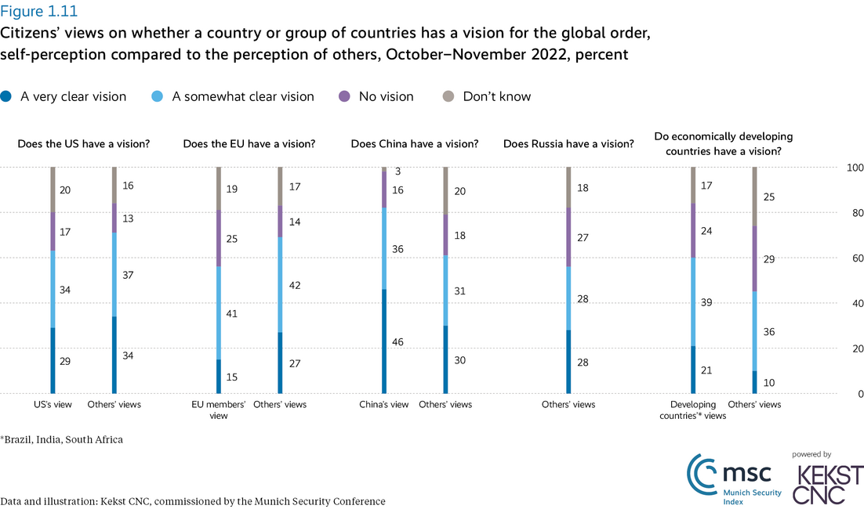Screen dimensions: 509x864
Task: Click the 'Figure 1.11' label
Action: coord(39,12)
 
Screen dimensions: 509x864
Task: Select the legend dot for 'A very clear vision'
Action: coord(6,97)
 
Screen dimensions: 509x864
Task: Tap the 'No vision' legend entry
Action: coord(386,97)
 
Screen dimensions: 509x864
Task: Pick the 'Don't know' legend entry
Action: coord(496,97)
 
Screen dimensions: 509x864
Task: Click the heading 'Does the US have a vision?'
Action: coord(84,144)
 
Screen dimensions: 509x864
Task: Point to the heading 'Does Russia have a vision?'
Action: coord(568,144)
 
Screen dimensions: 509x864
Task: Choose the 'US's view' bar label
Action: coord(53,405)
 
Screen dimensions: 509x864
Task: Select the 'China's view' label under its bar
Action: coord(383,405)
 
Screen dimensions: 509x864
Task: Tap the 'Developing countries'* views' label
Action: coord(693,410)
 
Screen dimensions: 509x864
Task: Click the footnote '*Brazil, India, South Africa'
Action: coord(62,439)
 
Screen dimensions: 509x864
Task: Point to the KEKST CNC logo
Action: coord(828,483)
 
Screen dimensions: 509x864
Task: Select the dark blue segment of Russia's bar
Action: coord(568,362)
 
